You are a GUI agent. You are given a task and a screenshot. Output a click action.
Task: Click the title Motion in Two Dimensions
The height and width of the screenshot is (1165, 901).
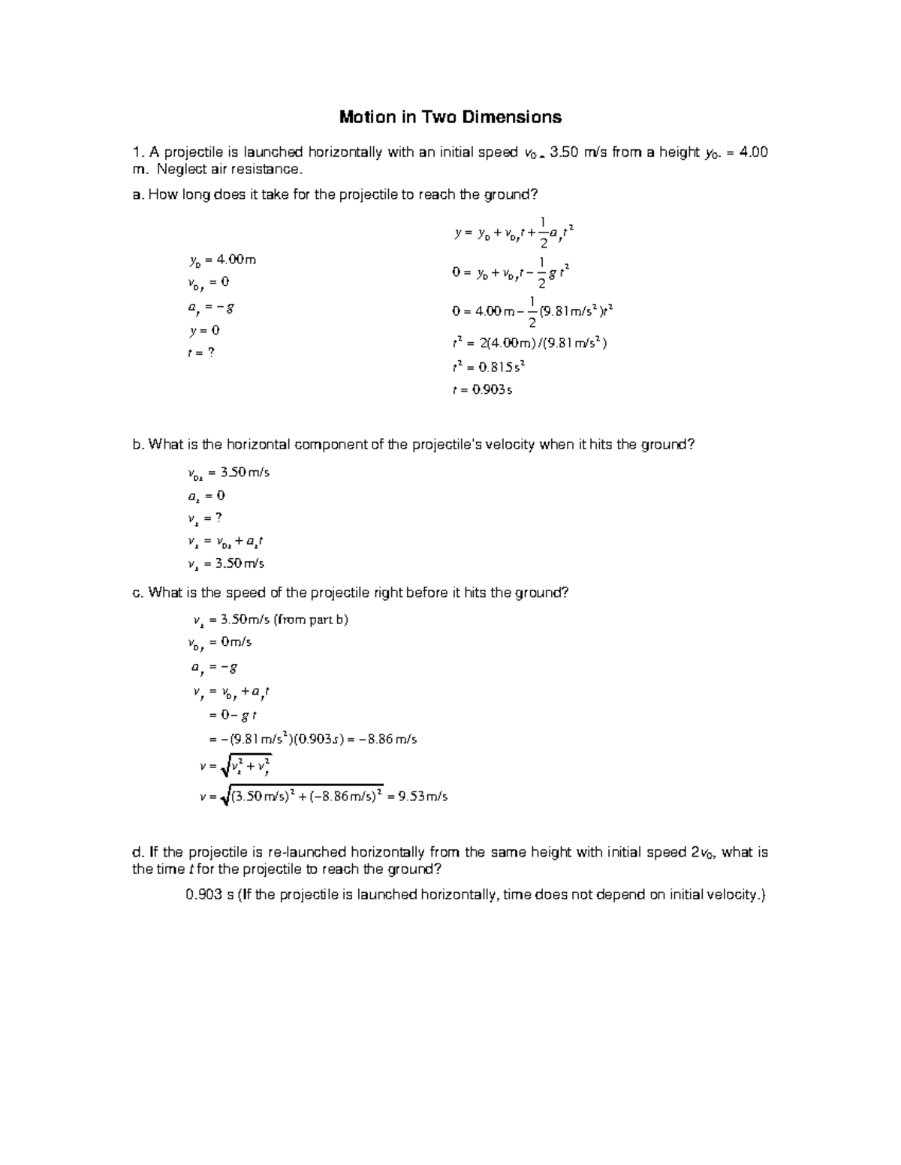click(x=450, y=117)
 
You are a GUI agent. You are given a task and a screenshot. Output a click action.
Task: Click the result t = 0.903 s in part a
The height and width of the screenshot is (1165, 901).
click(x=482, y=390)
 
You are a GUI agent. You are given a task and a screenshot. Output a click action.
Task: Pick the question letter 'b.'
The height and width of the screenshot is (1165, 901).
click(x=137, y=444)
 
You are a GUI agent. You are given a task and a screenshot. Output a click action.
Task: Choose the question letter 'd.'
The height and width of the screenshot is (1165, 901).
click(x=137, y=852)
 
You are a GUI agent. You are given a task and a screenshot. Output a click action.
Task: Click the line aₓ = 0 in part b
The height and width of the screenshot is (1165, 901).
click(x=206, y=495)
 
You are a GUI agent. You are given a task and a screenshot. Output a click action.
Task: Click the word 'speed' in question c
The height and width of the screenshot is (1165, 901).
click(x=246, y=593)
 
